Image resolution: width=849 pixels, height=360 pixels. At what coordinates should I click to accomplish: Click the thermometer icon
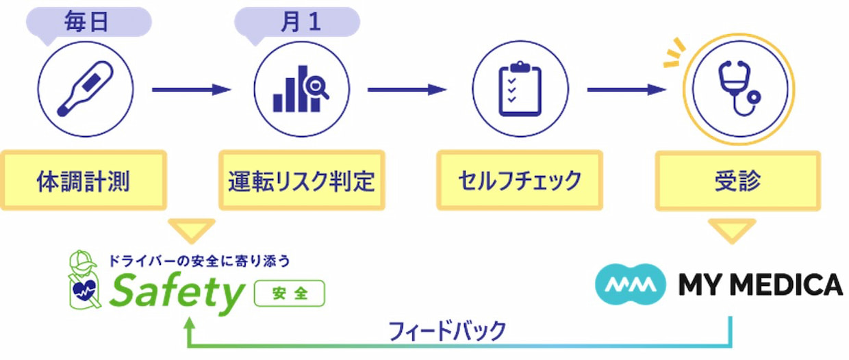[x=86, y=90]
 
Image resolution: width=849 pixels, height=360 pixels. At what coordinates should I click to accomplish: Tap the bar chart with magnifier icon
[x=301, y=90]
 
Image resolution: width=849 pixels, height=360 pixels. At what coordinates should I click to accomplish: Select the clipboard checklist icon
[x=520, y=90]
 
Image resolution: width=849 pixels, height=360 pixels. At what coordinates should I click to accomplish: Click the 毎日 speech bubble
[x=87, y=22]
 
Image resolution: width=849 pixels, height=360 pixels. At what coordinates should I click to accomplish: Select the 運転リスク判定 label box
[x=301, y=181]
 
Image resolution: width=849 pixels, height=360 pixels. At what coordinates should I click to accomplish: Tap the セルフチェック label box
[x=520, y=181]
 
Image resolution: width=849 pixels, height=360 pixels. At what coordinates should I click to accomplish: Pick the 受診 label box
[x=737, y=181]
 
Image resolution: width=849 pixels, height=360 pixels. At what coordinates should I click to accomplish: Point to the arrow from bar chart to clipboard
[x=407, y=90]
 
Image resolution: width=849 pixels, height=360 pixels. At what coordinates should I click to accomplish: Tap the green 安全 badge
[x=289, y=294]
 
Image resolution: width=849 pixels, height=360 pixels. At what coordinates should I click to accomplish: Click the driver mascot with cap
[x=84, y=281]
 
